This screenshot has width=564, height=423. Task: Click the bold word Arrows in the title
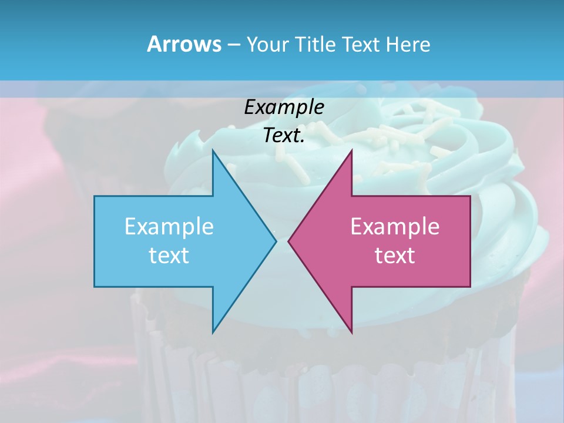tap(183, 44)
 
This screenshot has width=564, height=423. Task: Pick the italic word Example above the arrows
tap(284, 108)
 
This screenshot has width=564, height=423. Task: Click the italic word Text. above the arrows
tap(284, 136)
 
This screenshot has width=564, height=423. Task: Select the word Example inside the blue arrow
tap(169, 227)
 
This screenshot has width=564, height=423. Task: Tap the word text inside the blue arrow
tap(169, 256)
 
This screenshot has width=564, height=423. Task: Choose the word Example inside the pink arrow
tap(395, 227)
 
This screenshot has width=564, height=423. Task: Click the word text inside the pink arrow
tap(395, 256)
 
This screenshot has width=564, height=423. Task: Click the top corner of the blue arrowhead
tap(213, 150)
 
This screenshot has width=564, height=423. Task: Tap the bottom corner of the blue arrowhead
tap(213, 333)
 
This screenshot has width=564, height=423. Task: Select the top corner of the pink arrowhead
tap(351, 150)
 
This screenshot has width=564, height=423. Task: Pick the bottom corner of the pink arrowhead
tap(351, 333)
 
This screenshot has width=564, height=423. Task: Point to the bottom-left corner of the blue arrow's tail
tap(95, 286)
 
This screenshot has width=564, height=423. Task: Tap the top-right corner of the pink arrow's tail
tap(470, 196)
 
